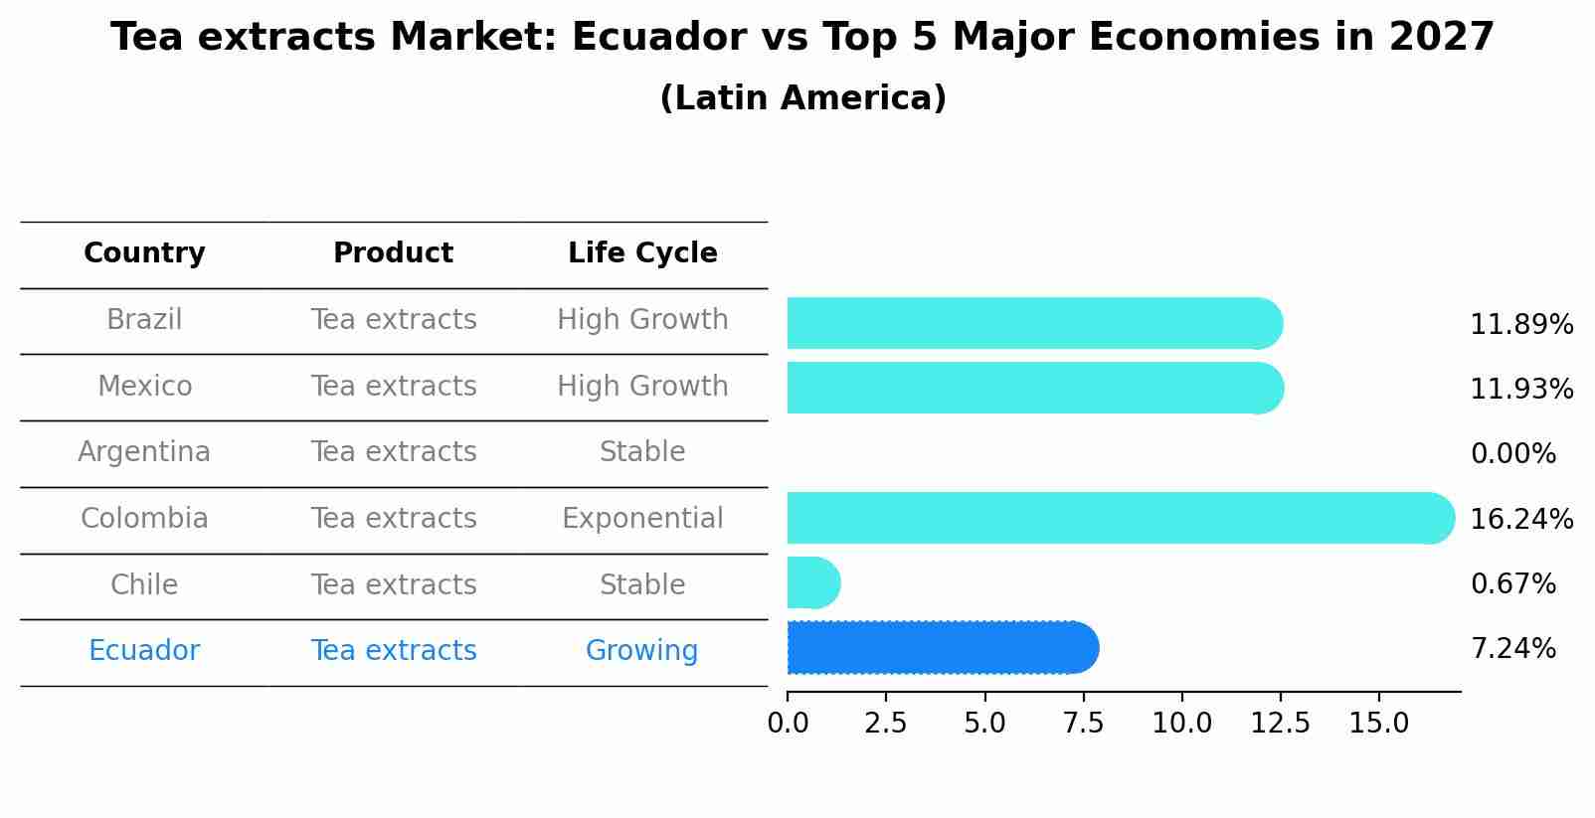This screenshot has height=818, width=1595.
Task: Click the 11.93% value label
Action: [1520, 390]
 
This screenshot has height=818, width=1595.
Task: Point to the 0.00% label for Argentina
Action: [1512, 454]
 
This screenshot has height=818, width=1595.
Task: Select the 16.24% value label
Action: [1520, 520]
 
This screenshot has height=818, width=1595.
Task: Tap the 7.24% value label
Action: [1512, 649]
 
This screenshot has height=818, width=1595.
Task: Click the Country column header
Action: [144, 253]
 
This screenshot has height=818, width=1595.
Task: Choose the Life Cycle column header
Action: [642, 253]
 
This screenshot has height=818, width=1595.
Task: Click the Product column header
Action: [393, 253]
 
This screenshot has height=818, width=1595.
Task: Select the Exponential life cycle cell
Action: [642, 519]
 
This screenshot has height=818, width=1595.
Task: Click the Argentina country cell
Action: [144, 452]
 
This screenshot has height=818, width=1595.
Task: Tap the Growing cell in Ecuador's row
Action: [641, 651]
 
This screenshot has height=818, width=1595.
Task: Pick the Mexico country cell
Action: [144, 386]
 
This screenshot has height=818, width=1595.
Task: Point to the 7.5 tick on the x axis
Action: [1083, 724]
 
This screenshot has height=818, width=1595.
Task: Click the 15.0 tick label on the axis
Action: [1378, 724]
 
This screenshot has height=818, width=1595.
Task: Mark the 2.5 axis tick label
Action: [885, 724]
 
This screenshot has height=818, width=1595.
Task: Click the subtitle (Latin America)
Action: [802, 98]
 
